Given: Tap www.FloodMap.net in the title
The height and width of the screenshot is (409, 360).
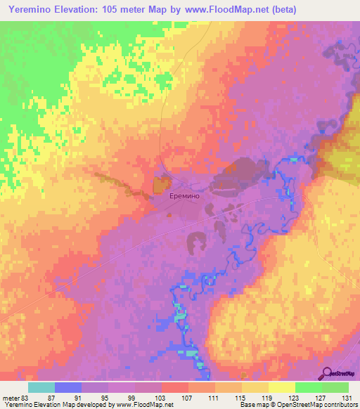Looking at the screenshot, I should click(226, 10).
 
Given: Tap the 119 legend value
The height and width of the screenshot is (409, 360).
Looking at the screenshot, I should click(269, 398).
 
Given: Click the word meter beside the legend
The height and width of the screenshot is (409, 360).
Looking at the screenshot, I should click(9, 398).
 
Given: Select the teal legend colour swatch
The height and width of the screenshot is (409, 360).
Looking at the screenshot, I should click(41, 387).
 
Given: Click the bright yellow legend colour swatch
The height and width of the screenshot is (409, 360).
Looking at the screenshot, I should click(282, 387).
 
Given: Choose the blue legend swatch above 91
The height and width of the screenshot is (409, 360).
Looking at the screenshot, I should click(68, 387).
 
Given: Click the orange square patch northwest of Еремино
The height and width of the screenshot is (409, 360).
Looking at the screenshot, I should click(160, 185).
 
